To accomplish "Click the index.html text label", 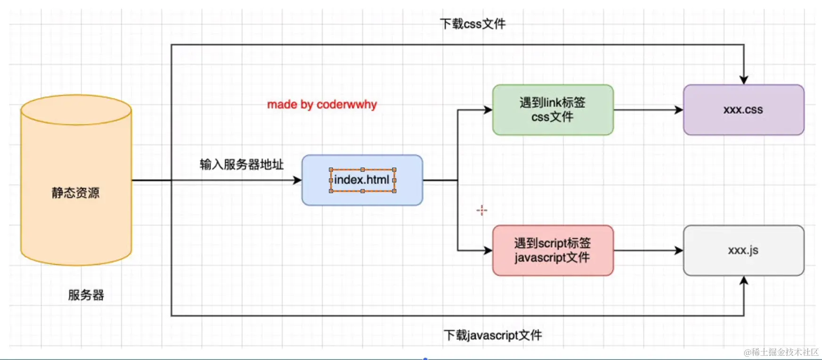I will [x=362, y=180].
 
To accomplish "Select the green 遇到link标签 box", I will [x=553, y=110].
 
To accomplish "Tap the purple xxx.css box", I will [x=743, y=110].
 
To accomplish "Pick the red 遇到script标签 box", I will [x=553, y=250].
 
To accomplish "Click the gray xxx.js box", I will [x=743, y=250].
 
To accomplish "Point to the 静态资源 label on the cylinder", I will [x=75, y=193].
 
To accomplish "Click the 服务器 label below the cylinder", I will [x=86, y=295].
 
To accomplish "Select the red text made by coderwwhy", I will [x=322, y=104].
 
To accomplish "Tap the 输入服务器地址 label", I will [x=241, y=164].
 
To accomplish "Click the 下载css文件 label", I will [x=472, y=24].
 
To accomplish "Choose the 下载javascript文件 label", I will [x=493, y=335].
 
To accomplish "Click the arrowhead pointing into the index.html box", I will [x=297, y=180].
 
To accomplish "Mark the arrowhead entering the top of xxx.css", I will [x=744, y=80].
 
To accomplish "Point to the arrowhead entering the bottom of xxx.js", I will [x=744, y=281].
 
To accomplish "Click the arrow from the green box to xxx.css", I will [x=648, y=110].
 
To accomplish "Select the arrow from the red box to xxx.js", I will [x=648, y=250].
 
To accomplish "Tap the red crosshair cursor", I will [x=481, y=210].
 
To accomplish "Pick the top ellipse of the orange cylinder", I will [x=76, y=110].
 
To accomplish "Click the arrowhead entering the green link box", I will [x=488, y=110].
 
